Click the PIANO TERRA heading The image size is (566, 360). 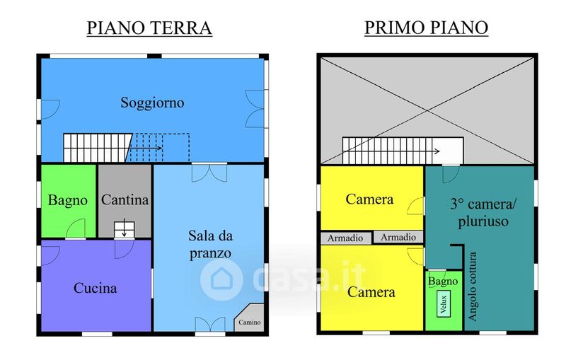coord(149,28)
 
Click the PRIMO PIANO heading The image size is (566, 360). coord(427,28)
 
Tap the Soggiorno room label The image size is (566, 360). coord(152,103)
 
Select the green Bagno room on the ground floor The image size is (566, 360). coord(68,202)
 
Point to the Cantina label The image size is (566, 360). coord(125,199)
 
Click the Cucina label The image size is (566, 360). coord(96,288)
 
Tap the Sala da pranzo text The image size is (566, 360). coord(210,245)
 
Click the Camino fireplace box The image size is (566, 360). coord(250,318)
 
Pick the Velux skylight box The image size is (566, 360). coord(444,304)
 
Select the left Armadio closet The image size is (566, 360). coord(345,238)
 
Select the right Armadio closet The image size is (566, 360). coord(398,237)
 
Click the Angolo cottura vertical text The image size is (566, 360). coord(473,286)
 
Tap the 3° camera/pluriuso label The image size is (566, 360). coord(483,213)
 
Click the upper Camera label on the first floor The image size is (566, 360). coord(369,199)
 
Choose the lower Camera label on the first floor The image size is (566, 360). coord(371,292)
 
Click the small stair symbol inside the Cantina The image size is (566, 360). coord(125,229)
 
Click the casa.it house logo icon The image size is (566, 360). coord(221,279)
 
